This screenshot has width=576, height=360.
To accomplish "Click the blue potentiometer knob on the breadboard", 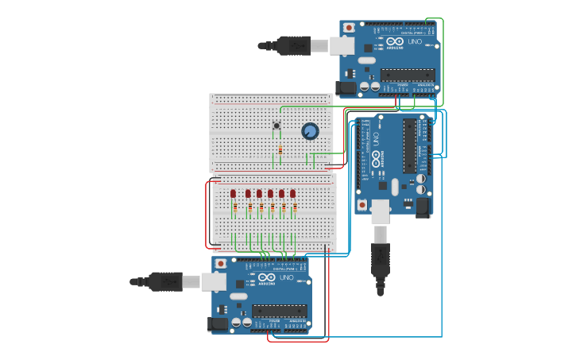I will click(x=310, y=131).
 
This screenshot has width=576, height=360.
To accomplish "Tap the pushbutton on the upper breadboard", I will click(x=276, y=125).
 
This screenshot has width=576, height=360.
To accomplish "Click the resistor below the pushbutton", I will click(x=280, y=149).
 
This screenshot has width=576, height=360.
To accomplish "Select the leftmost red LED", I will click(x=234, y=194).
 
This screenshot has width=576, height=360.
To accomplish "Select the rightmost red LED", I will click(x=292, y=194).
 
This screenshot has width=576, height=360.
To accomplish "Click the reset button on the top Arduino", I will click(x=349, y=28).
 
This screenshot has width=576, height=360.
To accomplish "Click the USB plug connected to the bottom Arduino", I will click(x=164, y=281).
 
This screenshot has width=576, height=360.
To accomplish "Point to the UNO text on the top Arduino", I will click(x=415, y=41).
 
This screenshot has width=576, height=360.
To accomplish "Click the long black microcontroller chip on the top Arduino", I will click(x=407, y=75).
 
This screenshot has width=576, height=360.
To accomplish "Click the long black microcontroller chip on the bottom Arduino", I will click(x=279, y=311).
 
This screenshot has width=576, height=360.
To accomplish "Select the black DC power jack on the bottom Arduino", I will click(x=217, y=323).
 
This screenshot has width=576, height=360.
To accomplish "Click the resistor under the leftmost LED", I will click(x=234, y=209).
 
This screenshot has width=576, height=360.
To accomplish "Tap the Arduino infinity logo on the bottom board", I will click(x=266, y=277).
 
